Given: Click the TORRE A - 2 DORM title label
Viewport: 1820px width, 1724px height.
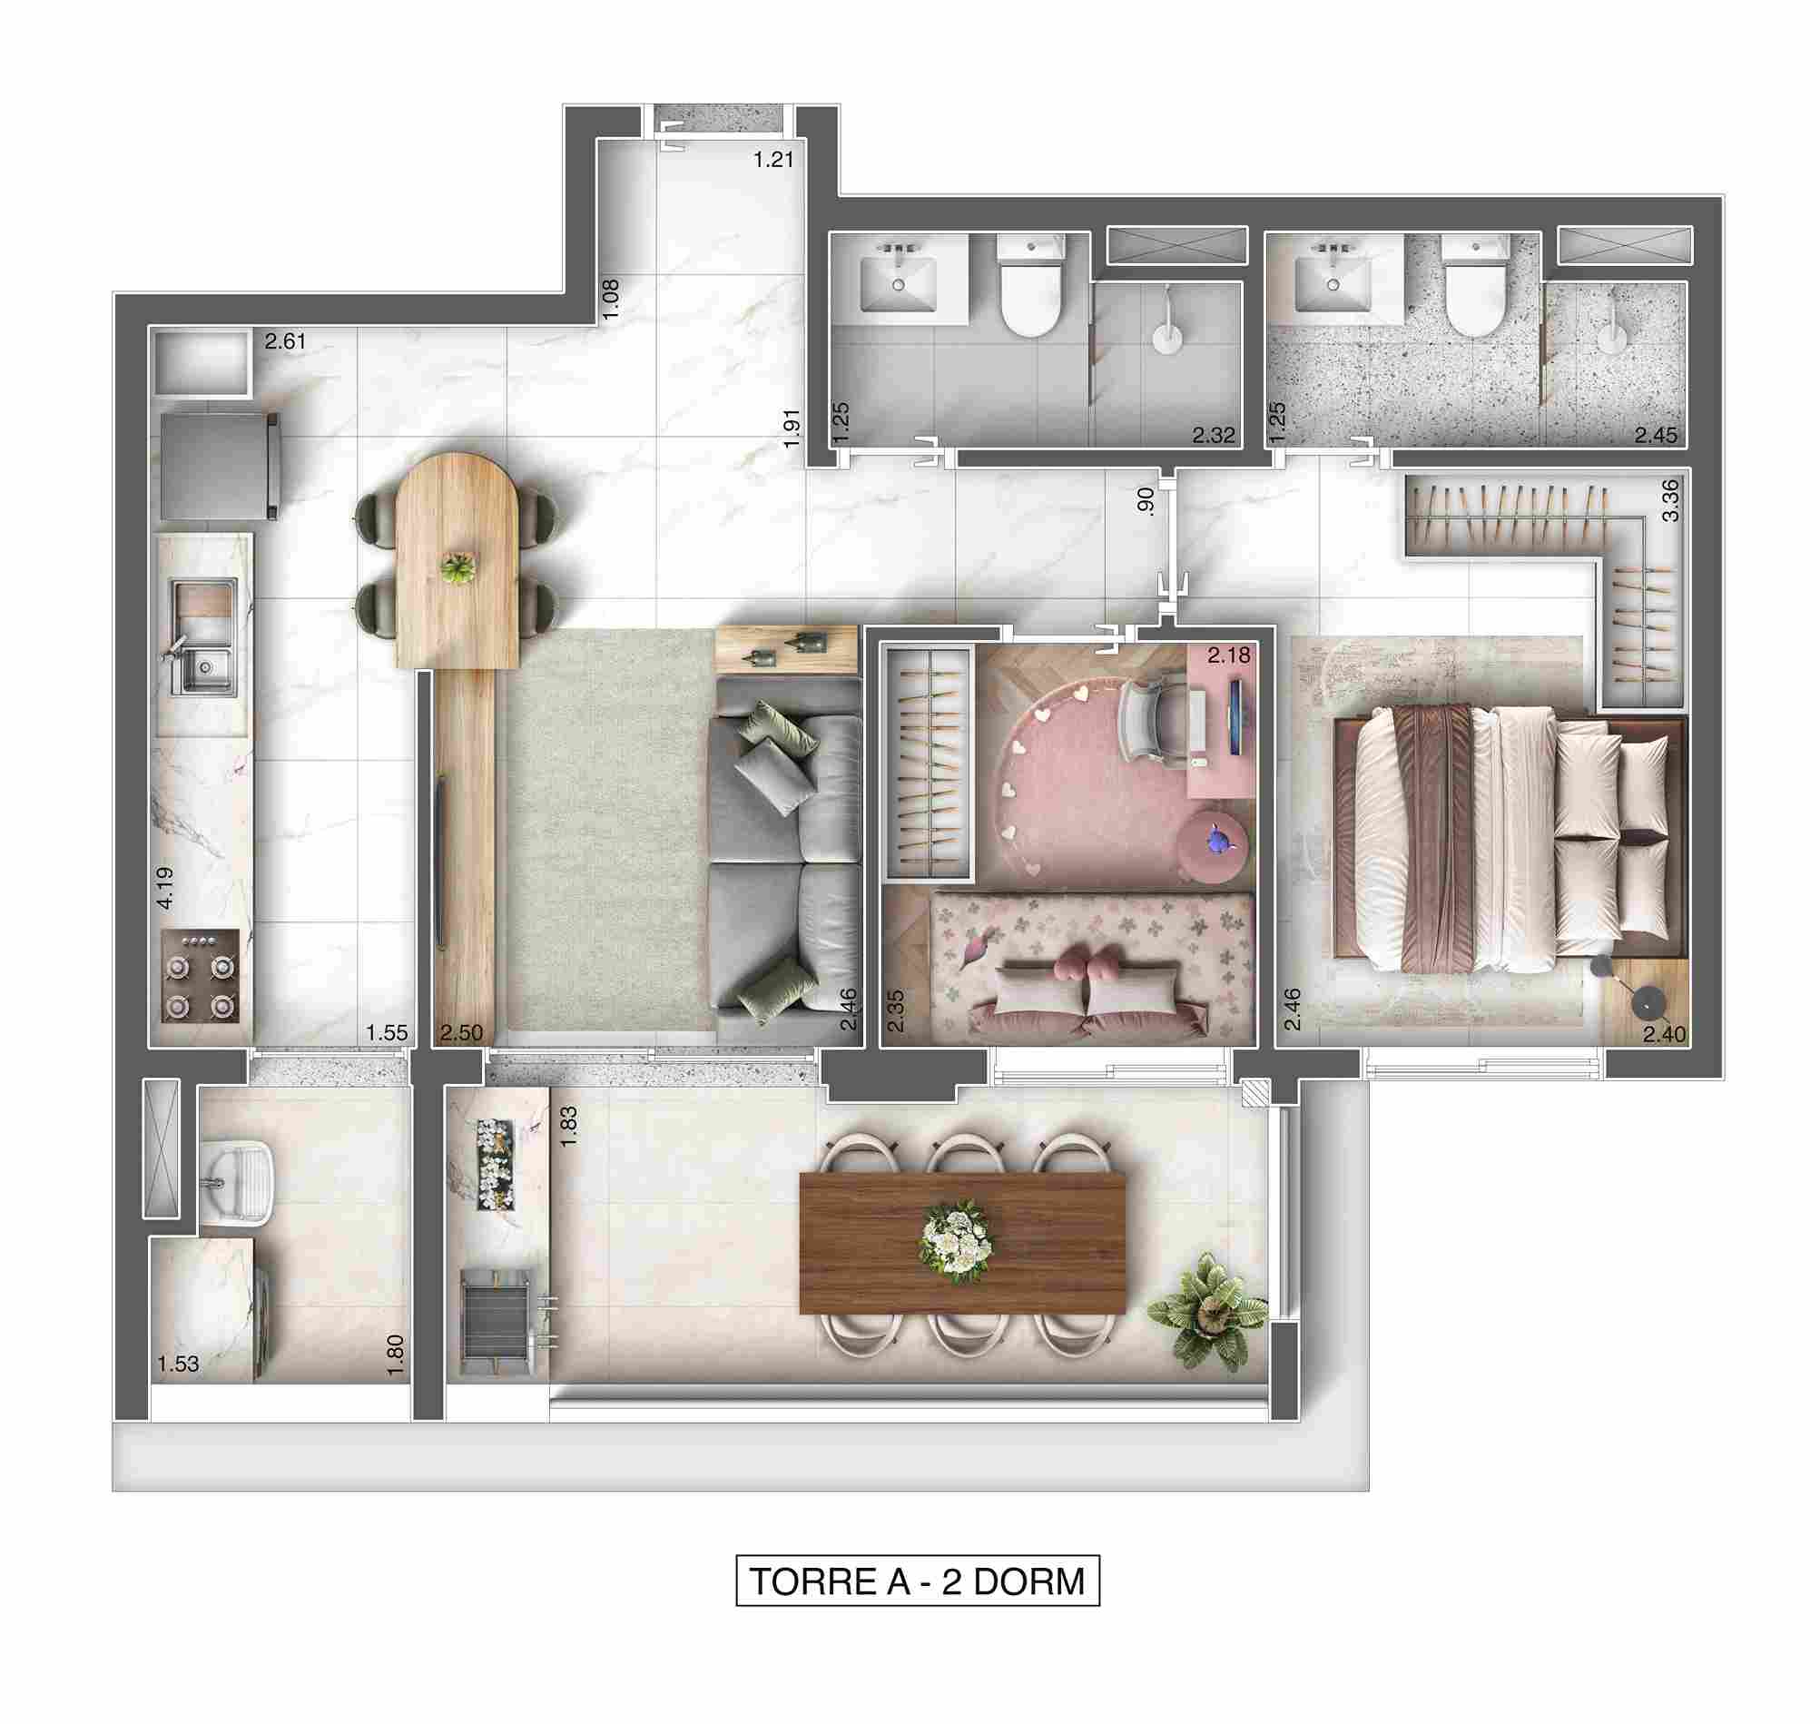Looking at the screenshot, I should coord(917,1581).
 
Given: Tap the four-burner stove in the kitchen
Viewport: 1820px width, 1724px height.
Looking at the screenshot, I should coord(201,975).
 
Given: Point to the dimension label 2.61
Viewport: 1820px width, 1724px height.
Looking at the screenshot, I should coord(285,342).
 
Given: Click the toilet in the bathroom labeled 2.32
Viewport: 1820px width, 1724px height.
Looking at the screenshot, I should coord(1030,287).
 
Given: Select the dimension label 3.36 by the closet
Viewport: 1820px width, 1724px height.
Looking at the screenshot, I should coord(1670,501).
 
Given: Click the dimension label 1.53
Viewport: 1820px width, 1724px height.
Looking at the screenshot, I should coord(177,1364).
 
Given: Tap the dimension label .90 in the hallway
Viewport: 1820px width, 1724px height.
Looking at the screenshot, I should coord(1144,501).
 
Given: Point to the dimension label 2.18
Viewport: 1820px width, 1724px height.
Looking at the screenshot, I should coord(1228,655).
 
